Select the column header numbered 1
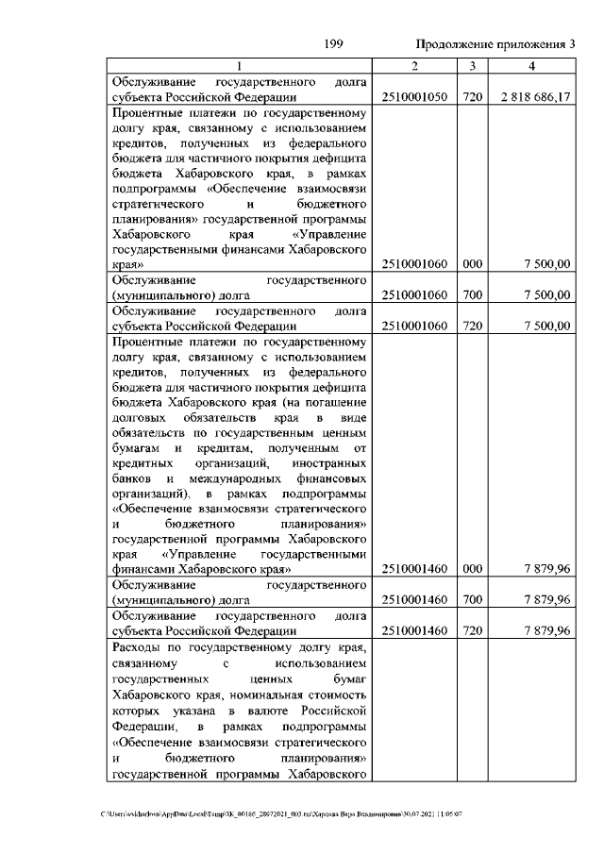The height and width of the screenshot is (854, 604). click(239, 66)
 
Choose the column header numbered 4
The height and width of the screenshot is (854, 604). click(532, 66)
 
